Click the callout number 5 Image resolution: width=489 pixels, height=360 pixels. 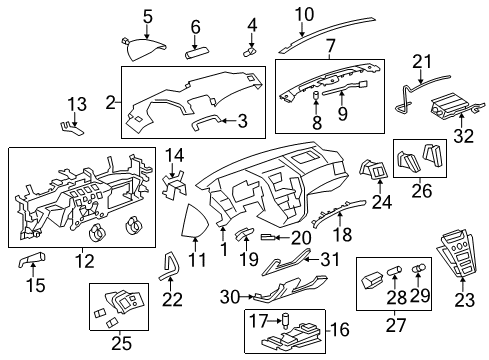(147, 15)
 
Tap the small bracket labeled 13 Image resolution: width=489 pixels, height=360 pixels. (71, 125)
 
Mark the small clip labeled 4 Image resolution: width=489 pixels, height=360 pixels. (251, 46)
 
